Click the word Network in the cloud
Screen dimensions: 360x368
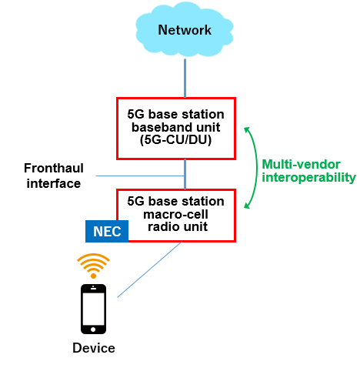pyautogui.click(x=185, y=30)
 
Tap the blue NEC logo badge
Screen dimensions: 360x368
pyautogui.click(x=107, y=231)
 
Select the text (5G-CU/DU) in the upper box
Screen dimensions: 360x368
pyautogui.click(x=175, y=140)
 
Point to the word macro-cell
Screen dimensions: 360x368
pyautogui.click(x=175, y=214)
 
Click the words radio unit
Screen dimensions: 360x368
pyautogui.click(x=178, y=226)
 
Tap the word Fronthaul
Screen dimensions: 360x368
pyautogui.click(x=54, y=169)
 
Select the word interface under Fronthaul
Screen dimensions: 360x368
pyautogui.click(x=54, y=184)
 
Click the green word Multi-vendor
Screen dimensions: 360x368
pyautogui.click(x=301, y=164)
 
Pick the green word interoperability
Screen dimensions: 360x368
pyautogui.click(x=309, y=178)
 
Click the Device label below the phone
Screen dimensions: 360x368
pyautogui.click(x=94, y=348)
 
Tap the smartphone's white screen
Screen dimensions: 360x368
pyautogui.click(x=93, y=309)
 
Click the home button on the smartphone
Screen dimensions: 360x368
pyautogui.click(x=93, y=330)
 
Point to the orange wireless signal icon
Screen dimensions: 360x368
pyautogui.click(x=93, y=266)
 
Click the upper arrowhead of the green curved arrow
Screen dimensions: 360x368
pyautogui.click(x=247, y=129)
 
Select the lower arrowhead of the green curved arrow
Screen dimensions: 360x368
pyautogui.click(x=247, y=206)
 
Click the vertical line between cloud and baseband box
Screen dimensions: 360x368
pyautogui.click(x=185, y=79)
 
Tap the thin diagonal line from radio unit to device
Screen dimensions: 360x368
pyautogui.click(x=149, y=269)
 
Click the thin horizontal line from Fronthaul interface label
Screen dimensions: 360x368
pyautogui.click(x=140, y=176)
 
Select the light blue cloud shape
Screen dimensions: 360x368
pyautogui.click(x=185, y=29)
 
